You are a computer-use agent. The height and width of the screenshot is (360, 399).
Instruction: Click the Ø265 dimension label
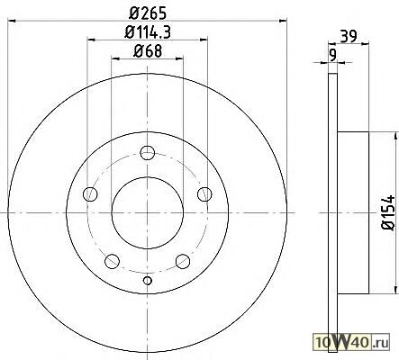148,13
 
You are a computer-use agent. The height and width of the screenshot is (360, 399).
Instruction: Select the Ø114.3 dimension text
148,32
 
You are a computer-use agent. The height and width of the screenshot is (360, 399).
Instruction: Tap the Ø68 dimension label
148,51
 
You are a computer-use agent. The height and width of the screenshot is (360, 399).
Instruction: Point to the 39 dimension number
349,37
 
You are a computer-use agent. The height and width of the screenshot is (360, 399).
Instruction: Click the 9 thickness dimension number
332,55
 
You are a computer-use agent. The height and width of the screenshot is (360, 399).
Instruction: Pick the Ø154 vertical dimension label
388,212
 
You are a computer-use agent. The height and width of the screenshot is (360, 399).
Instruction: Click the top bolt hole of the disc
148,153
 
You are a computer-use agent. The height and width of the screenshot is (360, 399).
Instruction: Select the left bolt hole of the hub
90,194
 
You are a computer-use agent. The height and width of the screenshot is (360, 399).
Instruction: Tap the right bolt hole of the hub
204,194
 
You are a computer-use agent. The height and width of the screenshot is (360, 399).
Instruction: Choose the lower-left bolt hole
112,261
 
